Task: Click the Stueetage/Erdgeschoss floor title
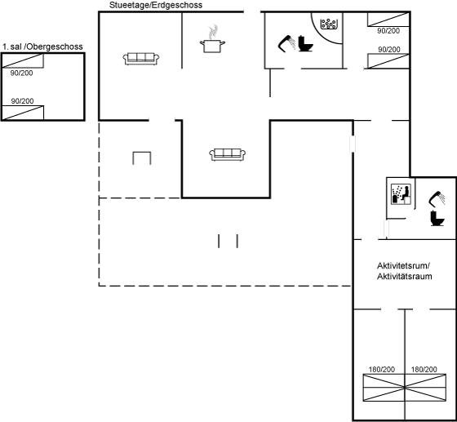point(156,5)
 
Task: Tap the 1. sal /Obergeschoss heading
point(42,47)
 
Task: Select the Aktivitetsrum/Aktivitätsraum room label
point(405,271)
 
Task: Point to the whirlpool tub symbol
point(329,24)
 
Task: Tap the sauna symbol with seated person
point(401,194)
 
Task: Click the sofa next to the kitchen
point(141,59)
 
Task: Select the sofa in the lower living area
point(228,154)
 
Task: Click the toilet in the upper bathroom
point(305,44)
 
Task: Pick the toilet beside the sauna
point(437,218)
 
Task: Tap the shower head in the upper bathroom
point(286,44)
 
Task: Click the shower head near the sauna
point(437,199)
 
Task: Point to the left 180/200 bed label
point(382,370)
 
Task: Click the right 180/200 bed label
point(424,370)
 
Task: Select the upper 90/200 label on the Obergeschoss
point(21,73)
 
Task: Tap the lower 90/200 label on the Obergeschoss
point(23,101)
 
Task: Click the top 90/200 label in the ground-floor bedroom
point(388,30)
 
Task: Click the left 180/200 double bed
point(384,388)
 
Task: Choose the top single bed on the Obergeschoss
point(23,61)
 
